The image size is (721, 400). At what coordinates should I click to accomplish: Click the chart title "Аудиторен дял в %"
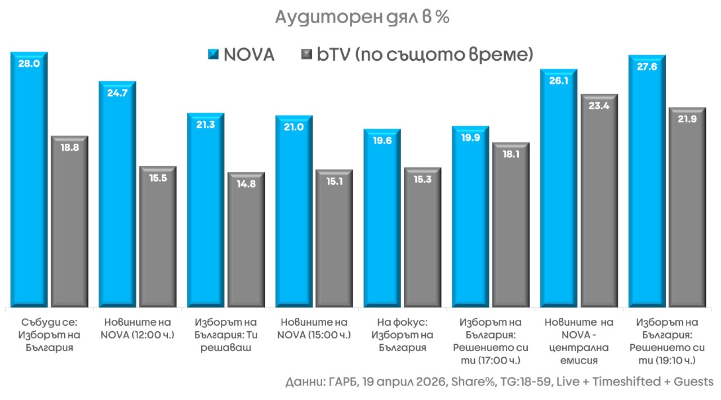click(362, 18)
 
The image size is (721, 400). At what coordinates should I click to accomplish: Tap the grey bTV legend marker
click(306, 55)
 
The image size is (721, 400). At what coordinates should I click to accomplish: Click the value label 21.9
click(687, 120)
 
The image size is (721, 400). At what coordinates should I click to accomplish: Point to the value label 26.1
click(558, 81)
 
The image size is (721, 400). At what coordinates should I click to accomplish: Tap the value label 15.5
click(158, 179)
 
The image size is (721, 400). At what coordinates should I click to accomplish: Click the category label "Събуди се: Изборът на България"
click(48, 335)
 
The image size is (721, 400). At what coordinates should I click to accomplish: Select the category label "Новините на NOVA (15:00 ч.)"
click(314, 328)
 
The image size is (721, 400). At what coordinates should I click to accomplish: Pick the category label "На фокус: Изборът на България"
click(402, 335)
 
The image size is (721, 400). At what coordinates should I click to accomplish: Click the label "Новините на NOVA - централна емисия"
click(578, 341)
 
